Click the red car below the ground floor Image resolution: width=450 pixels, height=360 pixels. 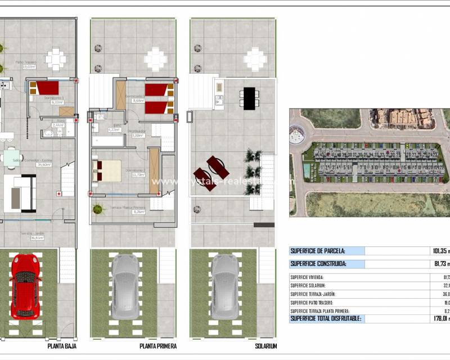pyautogui.click(x=25, y=287)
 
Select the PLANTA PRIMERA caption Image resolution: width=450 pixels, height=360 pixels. pyautogui.click(x=158, y=346)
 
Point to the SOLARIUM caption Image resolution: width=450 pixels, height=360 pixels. pyautogui.click(x=264, y=346)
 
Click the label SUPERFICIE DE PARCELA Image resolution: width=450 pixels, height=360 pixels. pyautogui.click(x=318, y=251)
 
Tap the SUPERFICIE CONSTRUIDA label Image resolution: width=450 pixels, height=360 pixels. pyautogui.click(x=318, y=264)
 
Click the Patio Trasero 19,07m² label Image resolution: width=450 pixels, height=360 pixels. pyautogui.click(x=26, y=65)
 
